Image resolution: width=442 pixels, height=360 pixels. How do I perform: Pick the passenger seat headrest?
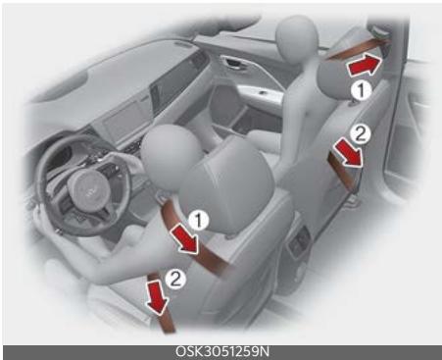[x=377, y=69]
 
